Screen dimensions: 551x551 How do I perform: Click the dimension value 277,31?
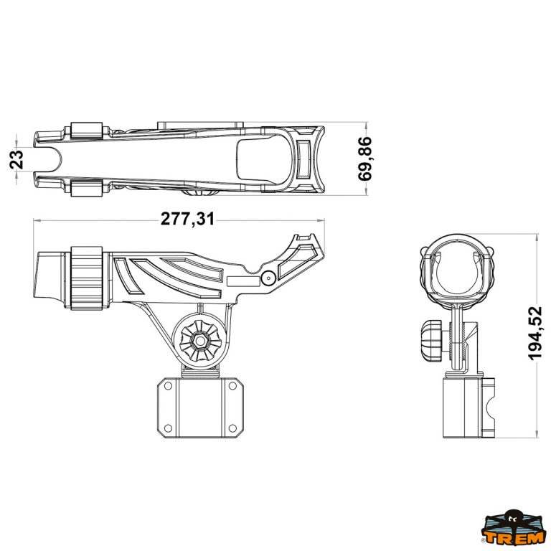click(x=187, y=219)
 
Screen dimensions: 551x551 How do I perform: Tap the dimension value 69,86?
click(x=364, y=159)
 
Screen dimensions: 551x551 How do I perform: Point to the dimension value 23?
click(x=17, y=159)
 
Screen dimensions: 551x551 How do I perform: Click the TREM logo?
click(x=514, y=531)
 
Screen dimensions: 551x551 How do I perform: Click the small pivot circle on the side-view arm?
click(x=268, y=278)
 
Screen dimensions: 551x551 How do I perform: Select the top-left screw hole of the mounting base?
click(x=168, y=386)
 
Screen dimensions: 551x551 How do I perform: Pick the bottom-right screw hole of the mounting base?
click(x=232, y=428)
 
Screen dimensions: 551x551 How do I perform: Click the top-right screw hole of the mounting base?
click(x=232, y=386)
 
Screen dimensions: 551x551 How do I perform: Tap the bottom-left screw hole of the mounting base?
click(x=168, y=428)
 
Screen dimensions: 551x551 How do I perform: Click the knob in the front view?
click(x=432, y=341)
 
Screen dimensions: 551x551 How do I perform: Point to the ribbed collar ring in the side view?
click(x=87, y=278)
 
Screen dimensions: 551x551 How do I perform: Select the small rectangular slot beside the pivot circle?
click(x=243, y=281)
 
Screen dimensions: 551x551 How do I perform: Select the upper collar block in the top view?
click(x=87, y=131)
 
